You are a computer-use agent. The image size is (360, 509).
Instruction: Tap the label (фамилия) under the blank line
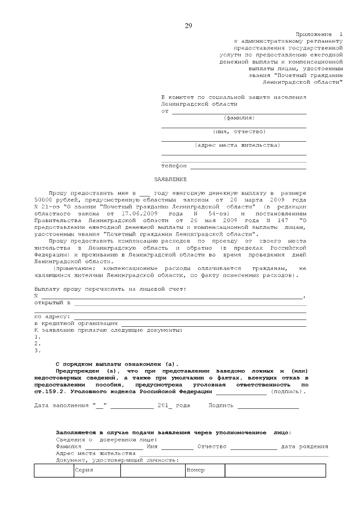pyautogui.click(x=239, y=118)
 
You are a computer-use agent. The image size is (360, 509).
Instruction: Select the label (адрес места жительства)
pyautogui.click(x=237, y=145)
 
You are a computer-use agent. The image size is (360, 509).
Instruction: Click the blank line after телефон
pyautogui.click(x=248, y=166)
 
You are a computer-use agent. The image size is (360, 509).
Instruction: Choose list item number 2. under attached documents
pyautogui.click(x=37, y=344)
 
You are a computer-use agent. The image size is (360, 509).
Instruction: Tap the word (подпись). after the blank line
pyautogui.click(x=289, y=391)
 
